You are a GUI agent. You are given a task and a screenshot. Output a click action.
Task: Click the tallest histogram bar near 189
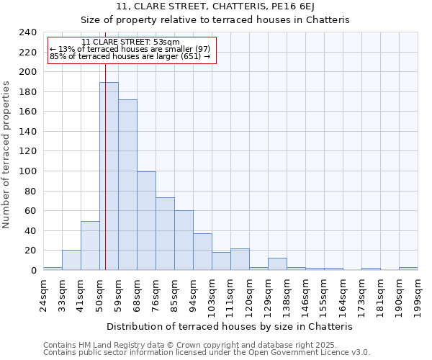109,176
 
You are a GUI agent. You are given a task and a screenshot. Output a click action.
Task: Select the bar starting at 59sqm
127,185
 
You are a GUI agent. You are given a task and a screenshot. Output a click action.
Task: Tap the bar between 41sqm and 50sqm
90,246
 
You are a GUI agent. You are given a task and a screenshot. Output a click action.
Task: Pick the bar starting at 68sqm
146,221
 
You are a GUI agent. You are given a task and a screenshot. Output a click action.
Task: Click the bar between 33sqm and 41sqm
71,260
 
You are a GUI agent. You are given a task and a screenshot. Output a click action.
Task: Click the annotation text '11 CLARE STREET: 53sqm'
130,42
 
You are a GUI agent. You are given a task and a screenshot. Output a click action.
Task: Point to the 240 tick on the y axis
28,32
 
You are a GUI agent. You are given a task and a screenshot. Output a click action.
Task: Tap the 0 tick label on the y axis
34,271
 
